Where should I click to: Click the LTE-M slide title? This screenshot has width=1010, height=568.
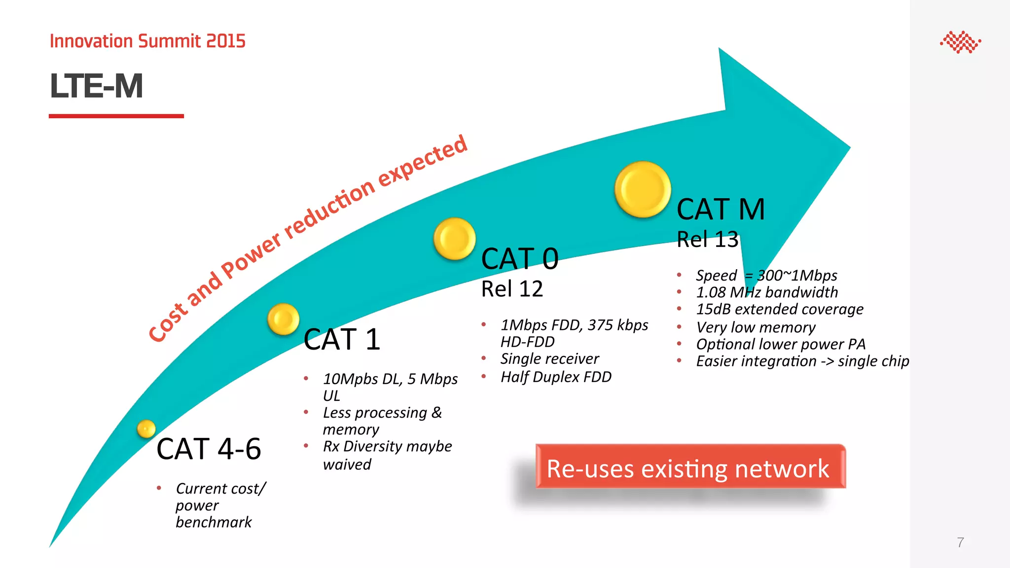[97, 86]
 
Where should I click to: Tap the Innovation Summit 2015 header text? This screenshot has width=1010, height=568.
[147, 41]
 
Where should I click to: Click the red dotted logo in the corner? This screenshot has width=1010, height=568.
[960, 42]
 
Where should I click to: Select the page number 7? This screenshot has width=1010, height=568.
[960, 542]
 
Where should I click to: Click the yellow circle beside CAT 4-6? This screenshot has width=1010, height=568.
[146, 429]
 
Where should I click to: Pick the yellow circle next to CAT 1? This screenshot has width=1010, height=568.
[284, 319]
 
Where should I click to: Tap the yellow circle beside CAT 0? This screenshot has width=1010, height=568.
[454, 239]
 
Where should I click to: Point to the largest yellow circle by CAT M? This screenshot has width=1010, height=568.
[643, 189]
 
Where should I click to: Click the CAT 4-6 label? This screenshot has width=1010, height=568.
[209, 449]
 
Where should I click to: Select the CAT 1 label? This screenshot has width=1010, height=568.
[342, 340]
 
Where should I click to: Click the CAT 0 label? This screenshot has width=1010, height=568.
[520, 259]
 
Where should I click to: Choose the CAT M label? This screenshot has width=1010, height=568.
[721, 209]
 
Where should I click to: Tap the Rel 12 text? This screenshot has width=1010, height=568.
[512, 289]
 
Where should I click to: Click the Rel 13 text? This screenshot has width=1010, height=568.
[708, 240]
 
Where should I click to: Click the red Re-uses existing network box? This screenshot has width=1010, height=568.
[690, 467]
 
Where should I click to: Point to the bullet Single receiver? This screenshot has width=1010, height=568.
[549, 358]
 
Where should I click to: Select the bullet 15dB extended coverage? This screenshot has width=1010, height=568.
[779, 309]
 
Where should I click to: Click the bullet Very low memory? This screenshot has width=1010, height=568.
[756, 327]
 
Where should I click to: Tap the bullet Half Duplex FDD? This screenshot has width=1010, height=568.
[556, 377]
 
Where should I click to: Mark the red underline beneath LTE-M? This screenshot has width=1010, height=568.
[116, 116]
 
